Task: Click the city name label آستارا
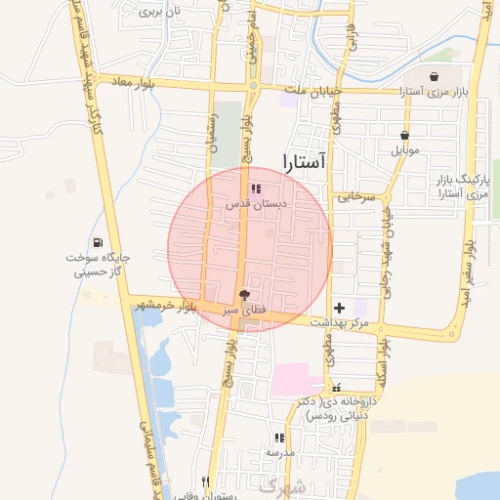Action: pos(308,163)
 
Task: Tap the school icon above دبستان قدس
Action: pos(256,188)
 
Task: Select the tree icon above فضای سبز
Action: pos(244,295)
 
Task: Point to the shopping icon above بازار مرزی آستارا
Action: pos(434,77)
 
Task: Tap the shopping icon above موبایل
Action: pos(404,136)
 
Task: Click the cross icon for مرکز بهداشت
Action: pos(339,308)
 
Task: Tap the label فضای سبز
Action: pos(244,310)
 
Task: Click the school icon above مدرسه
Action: pos(280,438)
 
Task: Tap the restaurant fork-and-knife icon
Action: pos(205,480)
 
